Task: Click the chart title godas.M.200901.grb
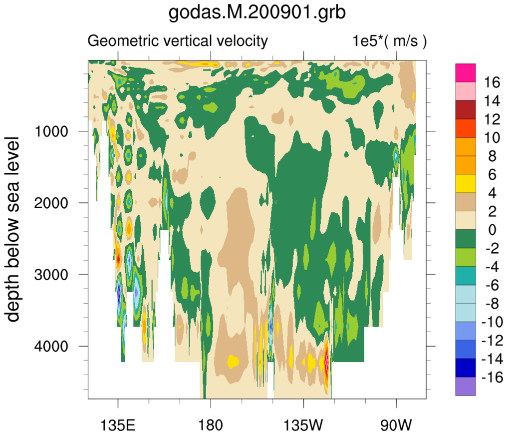[256, 13]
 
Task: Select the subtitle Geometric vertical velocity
[178, 41]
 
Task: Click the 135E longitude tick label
[118, 426]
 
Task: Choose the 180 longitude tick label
[210, 426]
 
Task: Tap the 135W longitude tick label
[303, 426]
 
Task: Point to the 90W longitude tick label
[396, 426]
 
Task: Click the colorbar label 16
[492, 82]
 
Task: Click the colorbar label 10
[492, 138]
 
